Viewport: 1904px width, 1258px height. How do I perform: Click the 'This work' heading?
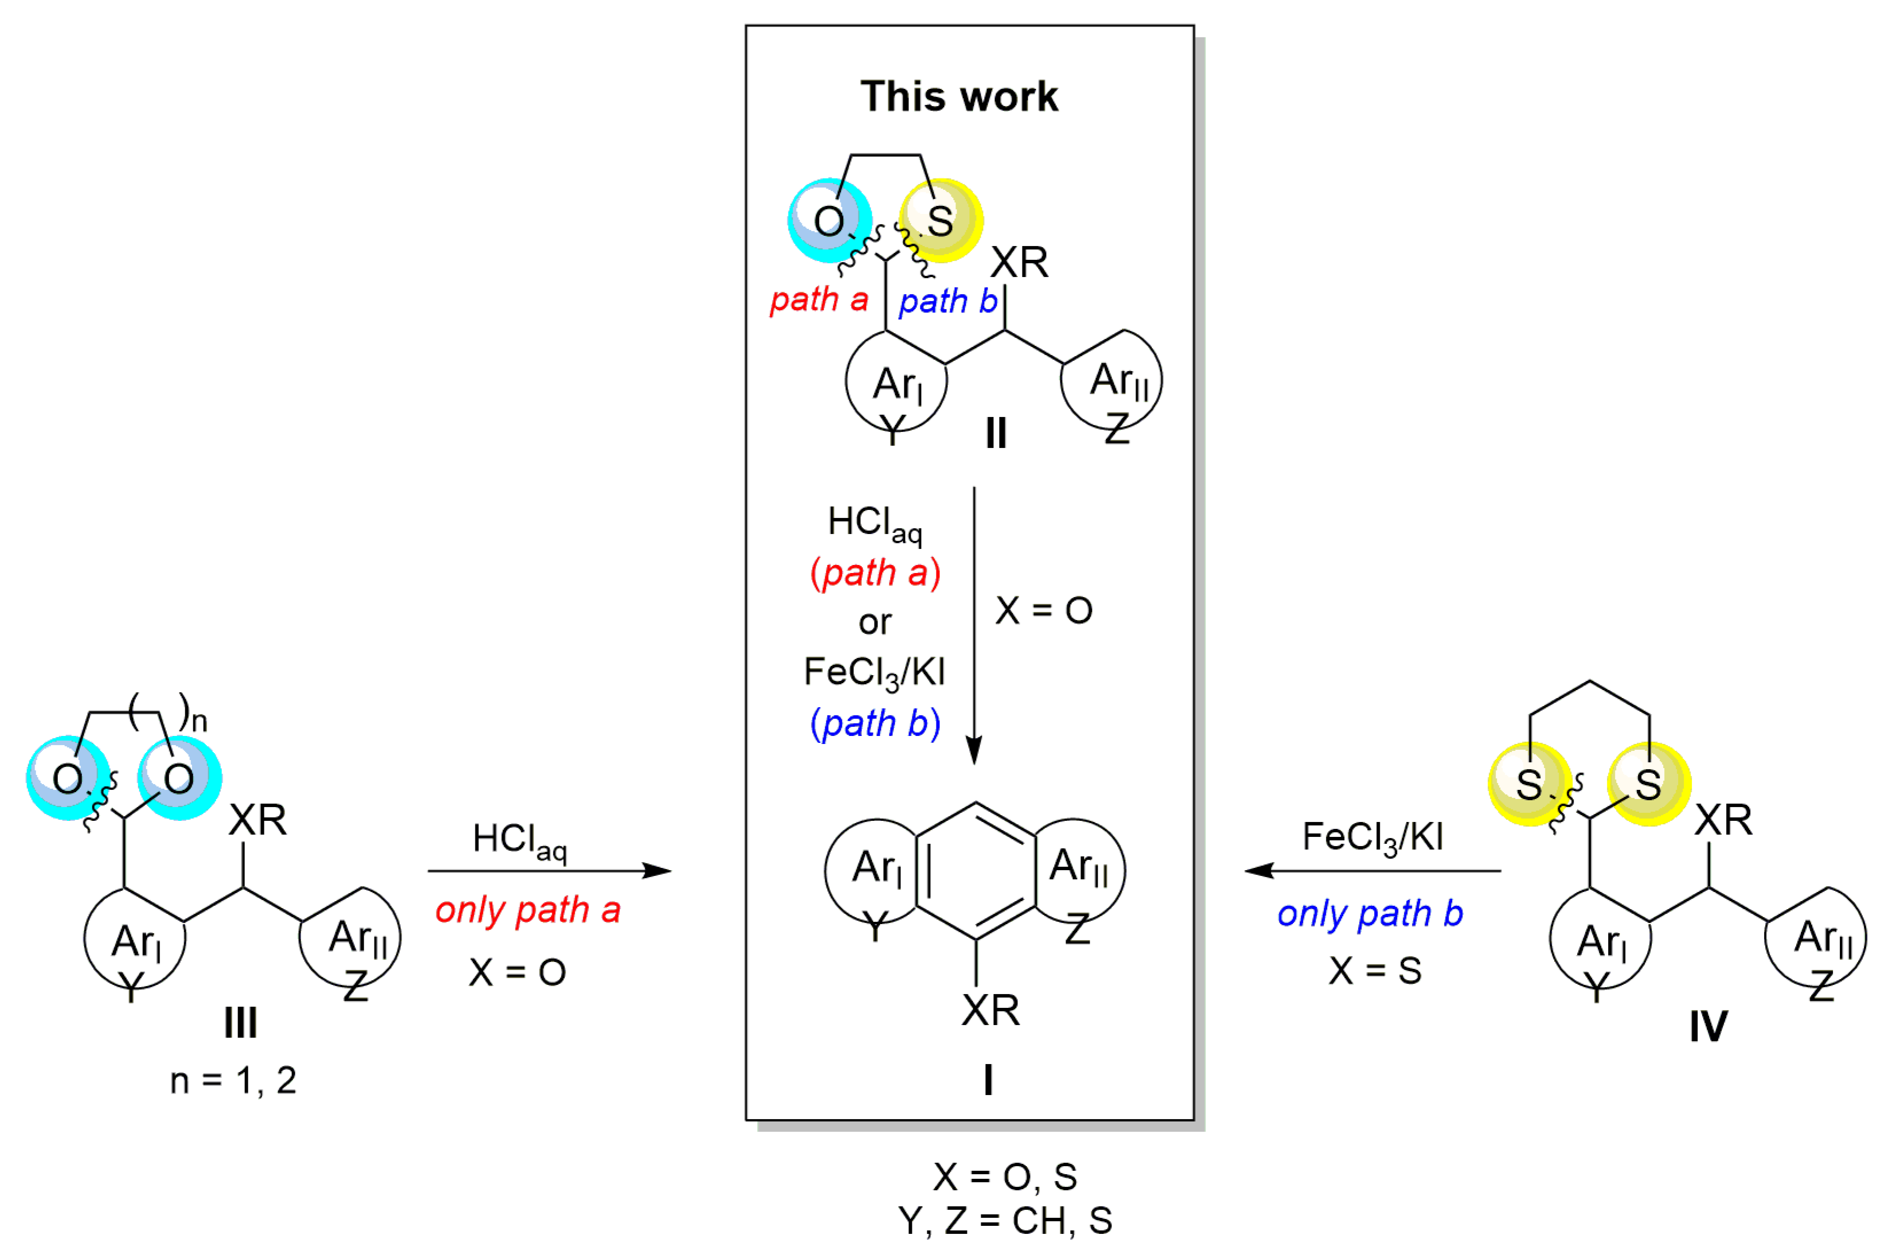point(959,96)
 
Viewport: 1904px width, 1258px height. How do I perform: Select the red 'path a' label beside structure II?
point(819,299)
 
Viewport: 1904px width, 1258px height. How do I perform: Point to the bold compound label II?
point(996,433)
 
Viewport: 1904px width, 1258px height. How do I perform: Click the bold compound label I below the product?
point(988,1080)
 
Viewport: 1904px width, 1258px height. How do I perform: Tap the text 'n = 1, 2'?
point(233,1081)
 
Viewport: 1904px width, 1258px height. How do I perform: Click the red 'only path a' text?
point(528,910)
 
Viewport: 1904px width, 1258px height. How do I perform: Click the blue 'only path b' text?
point(1370,913)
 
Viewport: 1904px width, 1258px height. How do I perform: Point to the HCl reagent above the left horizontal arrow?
point(519,840)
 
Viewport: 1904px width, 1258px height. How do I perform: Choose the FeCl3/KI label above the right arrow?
point(1372,838)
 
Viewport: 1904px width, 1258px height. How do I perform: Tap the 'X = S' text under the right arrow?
point(1375,971)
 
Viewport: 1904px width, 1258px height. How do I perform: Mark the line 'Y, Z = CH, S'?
point(1005,1220)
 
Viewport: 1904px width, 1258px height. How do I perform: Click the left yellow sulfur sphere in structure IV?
point(1530,784)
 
